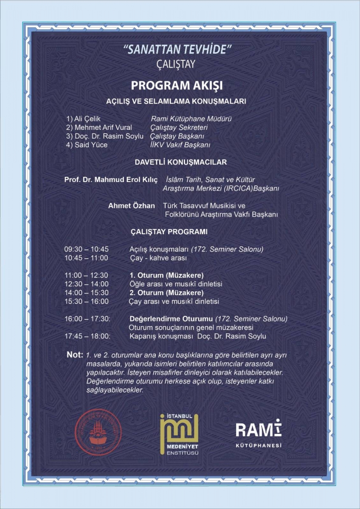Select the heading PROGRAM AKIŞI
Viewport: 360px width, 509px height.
coord(177,85)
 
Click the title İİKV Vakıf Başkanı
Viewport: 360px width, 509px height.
coord(181,145)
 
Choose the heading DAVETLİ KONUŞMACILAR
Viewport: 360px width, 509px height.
coord(180,162)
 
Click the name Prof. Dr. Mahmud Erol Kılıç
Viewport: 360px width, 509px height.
coord(111,180)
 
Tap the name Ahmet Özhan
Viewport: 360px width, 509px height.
coord(133,206)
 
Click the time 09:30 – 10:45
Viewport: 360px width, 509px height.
coord(87,249)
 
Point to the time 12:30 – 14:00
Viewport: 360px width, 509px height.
coord(87,284)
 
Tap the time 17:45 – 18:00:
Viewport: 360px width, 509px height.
coord(87,336)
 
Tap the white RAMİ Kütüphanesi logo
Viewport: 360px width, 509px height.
coord(259,432)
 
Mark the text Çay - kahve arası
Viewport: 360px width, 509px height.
coord(158,258)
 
